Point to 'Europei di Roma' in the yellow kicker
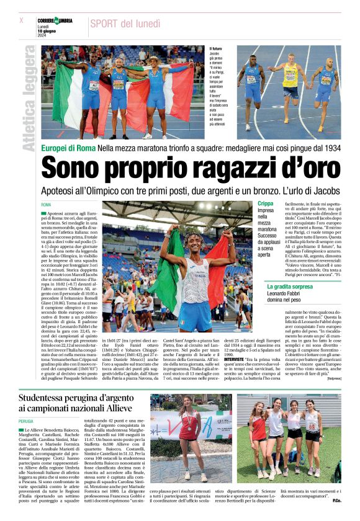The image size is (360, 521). [x=66, y=149]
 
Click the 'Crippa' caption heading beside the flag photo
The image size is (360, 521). [x=265, y=203]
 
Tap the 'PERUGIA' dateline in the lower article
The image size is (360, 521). [x=27, y=420]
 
